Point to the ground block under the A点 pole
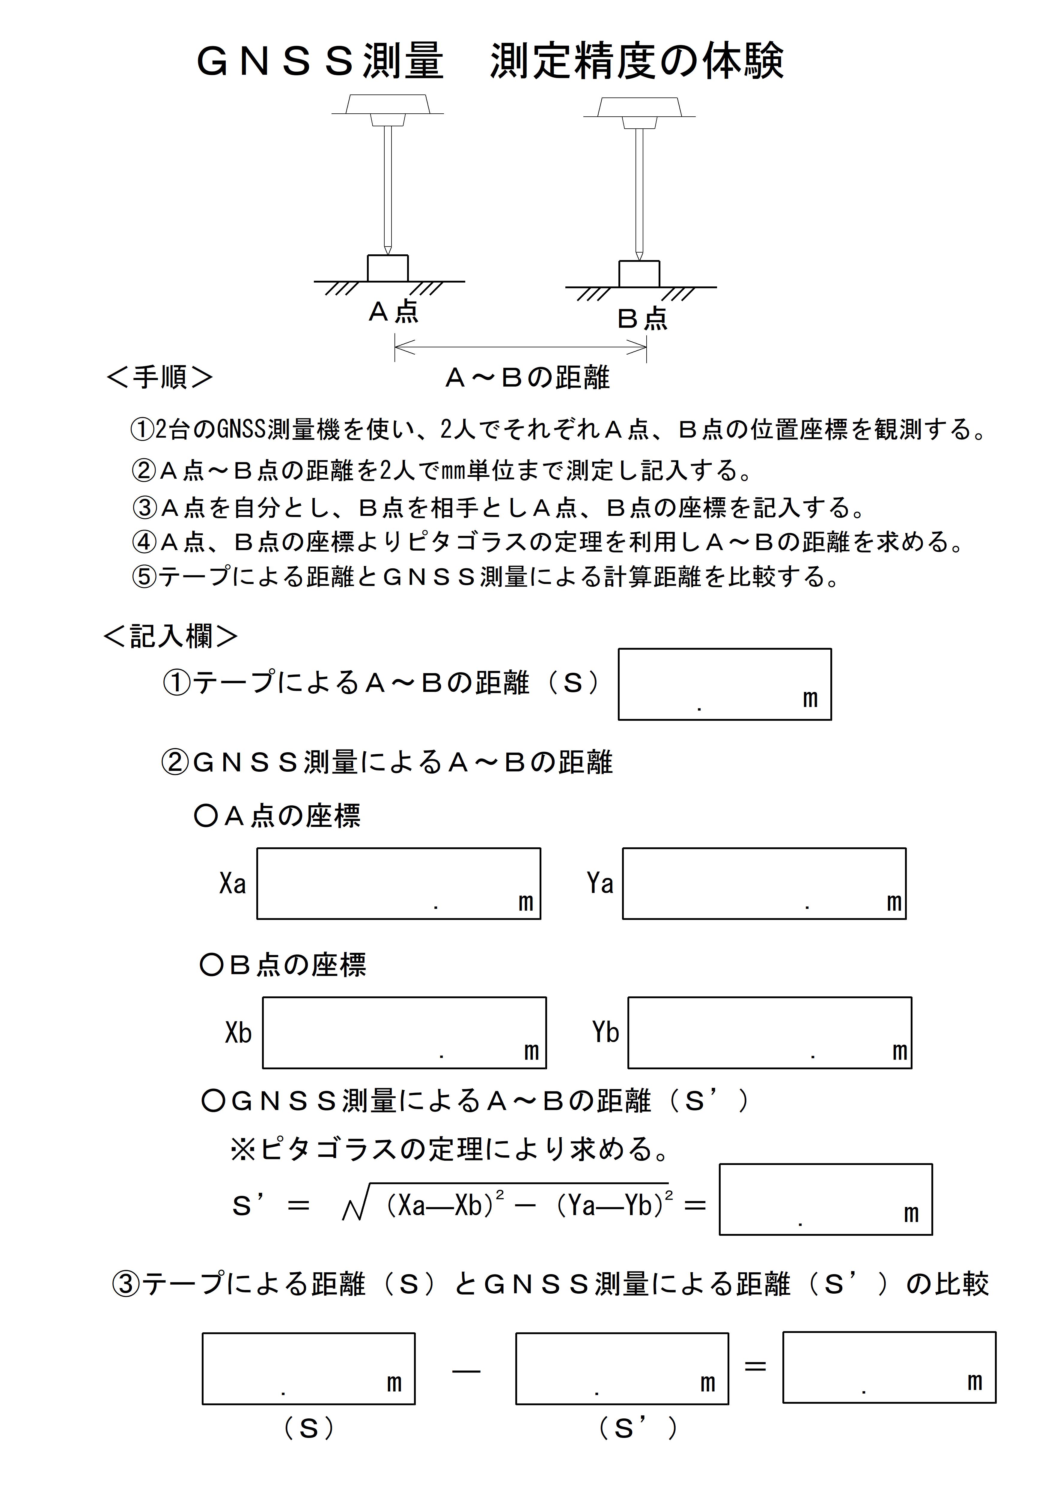click(387, 268)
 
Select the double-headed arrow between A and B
click(520, 349)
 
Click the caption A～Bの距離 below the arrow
click(527, 378)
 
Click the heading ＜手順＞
click(159, 377)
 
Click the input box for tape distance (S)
click(724, 684)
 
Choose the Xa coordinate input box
click(398, 883)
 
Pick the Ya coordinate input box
click(764, 883)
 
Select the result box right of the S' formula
click(825, 1199)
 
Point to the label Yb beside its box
click(606, 1032)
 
